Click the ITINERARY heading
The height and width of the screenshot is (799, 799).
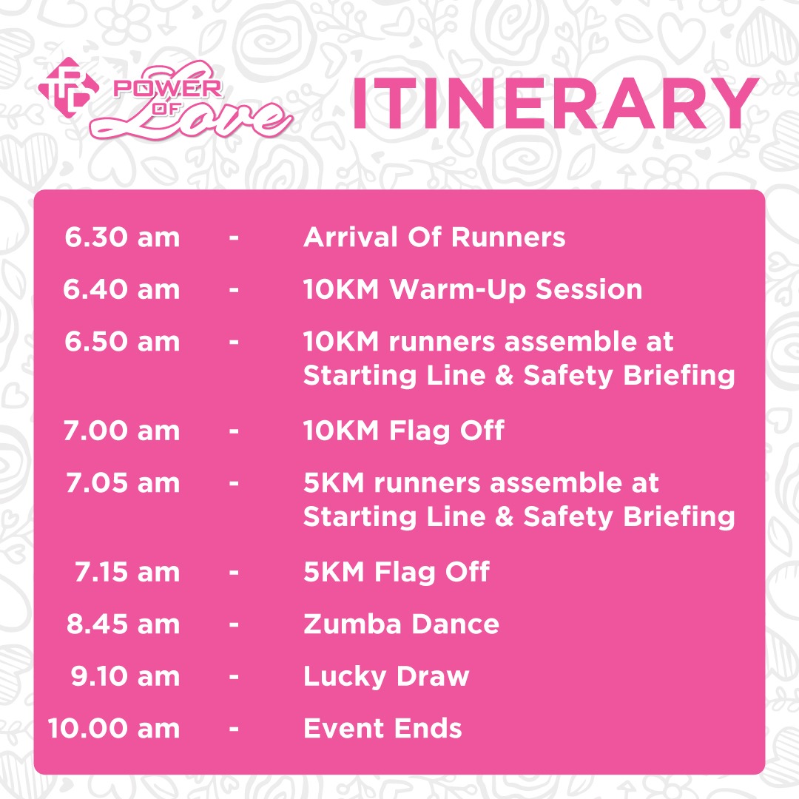tap(556, 104)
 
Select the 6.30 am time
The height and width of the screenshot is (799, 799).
tap(122, 237)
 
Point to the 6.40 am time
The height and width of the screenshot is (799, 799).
tap(121, 289)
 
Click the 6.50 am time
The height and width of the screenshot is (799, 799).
tap(122, 341)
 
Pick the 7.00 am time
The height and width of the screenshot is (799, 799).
tap(122, 431)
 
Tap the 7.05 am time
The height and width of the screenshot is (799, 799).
tap(124, 482)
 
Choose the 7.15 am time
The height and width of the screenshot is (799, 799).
tap(127, 572)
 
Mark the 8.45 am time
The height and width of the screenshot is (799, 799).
tap(124, 624)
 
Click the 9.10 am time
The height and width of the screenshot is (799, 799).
tap(125, 676)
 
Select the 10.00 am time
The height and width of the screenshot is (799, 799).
tap(114, 728)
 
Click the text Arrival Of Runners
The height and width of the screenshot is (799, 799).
tap(434, 237)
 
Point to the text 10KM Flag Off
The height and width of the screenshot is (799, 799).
tap(404, 431)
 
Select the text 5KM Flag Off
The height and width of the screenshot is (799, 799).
tap(397, 572)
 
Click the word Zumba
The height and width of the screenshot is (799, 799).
tap(353, 624)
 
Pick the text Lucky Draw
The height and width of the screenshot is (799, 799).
tap(386, 677)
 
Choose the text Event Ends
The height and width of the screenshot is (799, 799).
tap(382, 728)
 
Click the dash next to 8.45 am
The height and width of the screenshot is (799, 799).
tap(234, 624)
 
